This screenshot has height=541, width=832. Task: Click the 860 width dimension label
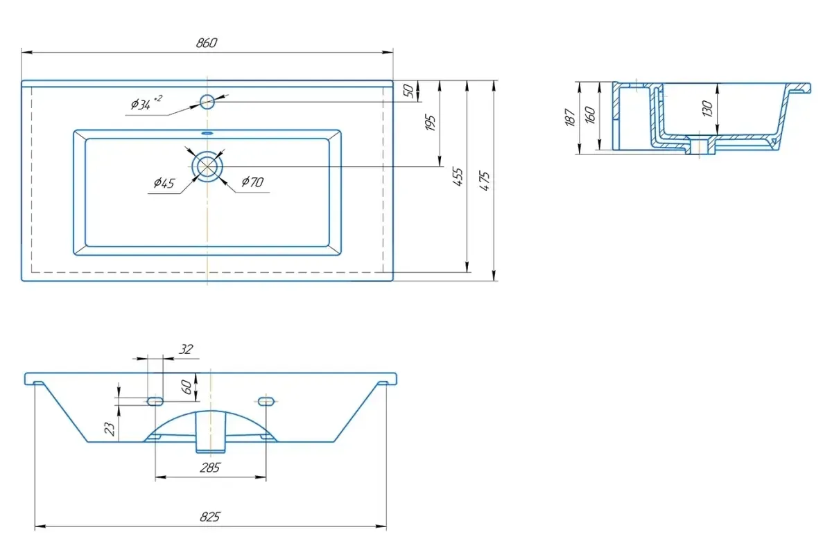pyautogui.click(x=207, y=43)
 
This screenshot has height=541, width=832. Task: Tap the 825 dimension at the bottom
pyautogui.click(x=210, y=517)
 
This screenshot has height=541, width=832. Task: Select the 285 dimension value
pyautogui.click(x=209, y=468)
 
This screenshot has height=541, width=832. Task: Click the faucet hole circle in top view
pyautogui.click(x=207, y=102)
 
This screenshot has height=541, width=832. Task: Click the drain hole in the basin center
pyautogui.click(x=207, y=167)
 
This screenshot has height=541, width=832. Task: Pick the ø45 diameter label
pyautogui.click(x=164, y=183)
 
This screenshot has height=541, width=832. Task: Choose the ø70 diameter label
pyautogui.click(x=252, y=182)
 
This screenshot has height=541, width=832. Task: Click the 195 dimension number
pyautogui.click(x=431, y=123)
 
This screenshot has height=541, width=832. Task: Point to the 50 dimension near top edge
pyautogui.click(x=409, y=90)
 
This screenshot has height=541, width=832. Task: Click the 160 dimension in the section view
pyautogui.click(x=590, y=114)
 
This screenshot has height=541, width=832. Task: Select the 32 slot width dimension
pyautogui.click(x=185, y=350)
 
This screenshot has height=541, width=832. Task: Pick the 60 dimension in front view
pyautogui.click(x=187, y=387)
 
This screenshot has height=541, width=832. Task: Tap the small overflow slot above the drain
pyautogui.click(x=207, y=132)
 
